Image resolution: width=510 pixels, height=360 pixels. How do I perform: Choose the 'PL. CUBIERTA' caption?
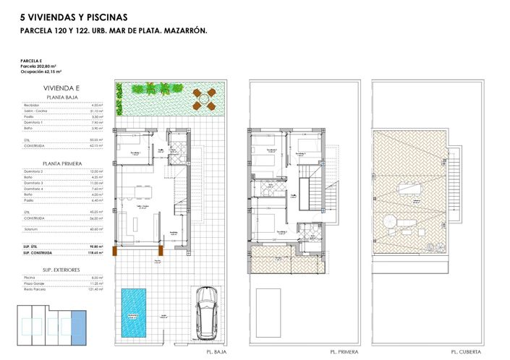(465, 352)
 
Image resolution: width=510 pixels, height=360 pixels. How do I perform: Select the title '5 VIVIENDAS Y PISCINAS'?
(75, 16)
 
